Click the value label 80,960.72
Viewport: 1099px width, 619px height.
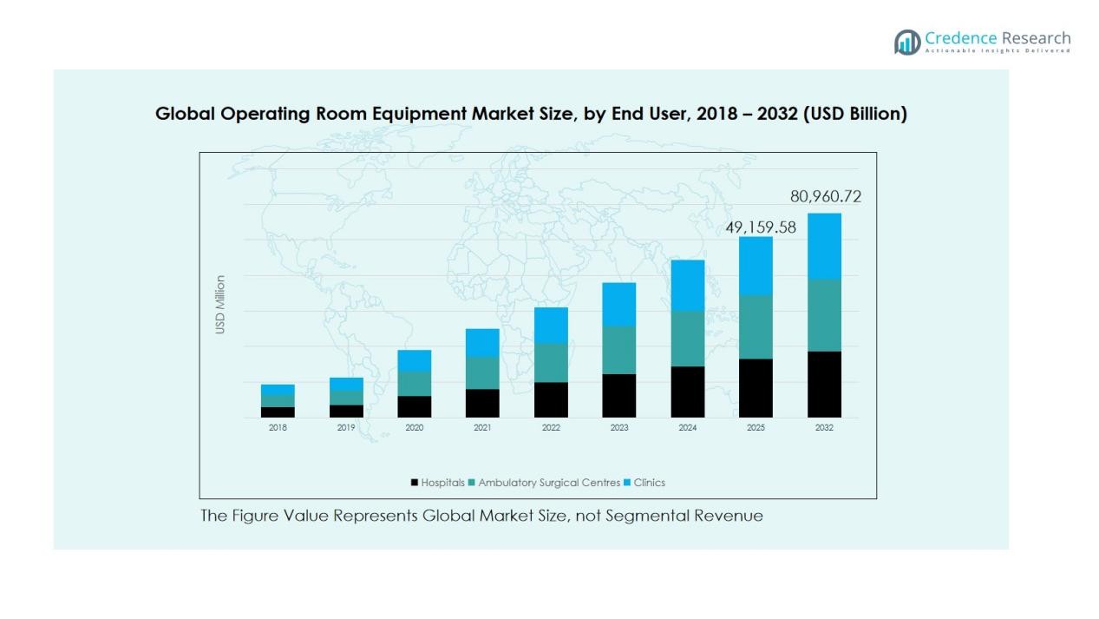click(825, 197)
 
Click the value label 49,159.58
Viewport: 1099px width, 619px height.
click(760, 227)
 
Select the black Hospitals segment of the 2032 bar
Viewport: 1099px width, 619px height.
click(824, 384)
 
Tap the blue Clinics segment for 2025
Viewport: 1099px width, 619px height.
click(756, 266)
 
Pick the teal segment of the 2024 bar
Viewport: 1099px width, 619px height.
click(687, 339)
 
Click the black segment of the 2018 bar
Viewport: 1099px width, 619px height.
click(278, 412)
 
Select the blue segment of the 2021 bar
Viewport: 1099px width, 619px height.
click(482, 342)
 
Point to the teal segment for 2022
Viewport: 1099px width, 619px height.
click(551, 362)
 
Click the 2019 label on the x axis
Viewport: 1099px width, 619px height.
click(346, 428)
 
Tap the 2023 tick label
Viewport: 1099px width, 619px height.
click(619, 428)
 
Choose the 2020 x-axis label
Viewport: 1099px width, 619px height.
click(414, 428)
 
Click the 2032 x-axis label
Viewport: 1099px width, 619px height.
click(824, 428)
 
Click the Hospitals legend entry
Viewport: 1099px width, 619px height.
click(438, 483)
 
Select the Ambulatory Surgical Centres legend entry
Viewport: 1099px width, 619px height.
click(544, 483)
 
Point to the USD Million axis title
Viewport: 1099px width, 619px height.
click(220, 305)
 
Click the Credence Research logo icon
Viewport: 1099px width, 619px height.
click(907, 42)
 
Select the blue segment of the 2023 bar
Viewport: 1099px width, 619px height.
click(619, 304)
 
